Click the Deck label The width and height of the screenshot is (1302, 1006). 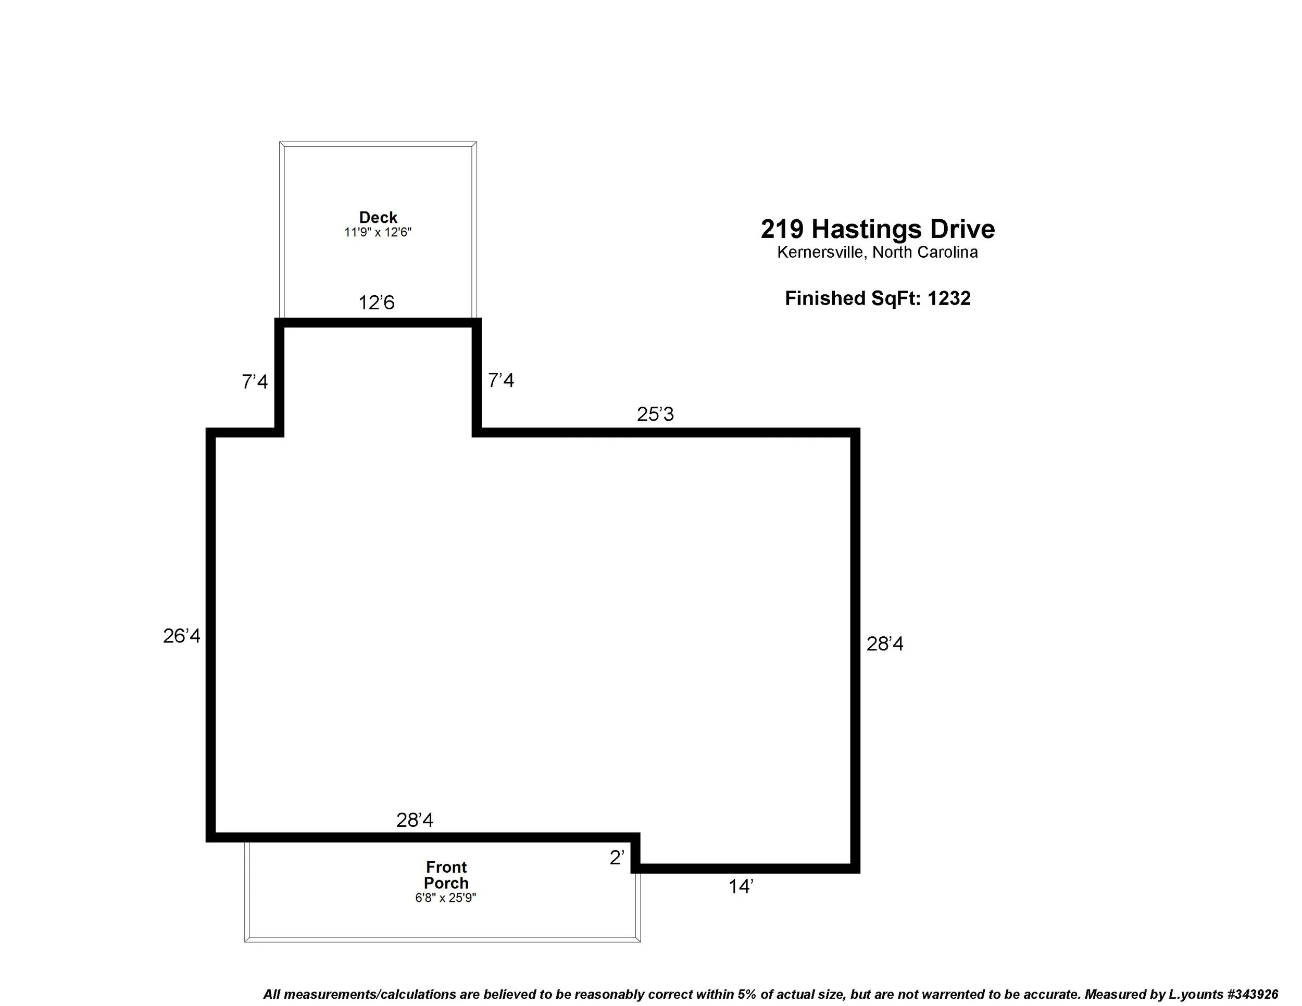(378, 218)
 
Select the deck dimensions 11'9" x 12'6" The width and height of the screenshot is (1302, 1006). (378, 232)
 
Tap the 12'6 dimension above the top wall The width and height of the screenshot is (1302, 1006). (376, 303)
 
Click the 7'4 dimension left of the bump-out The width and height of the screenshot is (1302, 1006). (255, 382)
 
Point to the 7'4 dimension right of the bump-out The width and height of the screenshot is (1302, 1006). (501, 380)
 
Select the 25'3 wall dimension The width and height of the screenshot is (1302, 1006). (655, 413)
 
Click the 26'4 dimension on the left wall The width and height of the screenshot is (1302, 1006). (182, 636)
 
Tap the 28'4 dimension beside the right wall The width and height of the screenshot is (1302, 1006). (885, 644)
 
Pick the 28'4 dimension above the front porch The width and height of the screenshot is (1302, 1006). (415, 820)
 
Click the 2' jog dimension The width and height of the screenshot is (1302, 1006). (617, 858)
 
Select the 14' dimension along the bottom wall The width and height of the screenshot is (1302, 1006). (741, 887)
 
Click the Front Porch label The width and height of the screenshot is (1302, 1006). (446, 875)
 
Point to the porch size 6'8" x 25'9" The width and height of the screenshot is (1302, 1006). (446, 898)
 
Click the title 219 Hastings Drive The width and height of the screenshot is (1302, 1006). (878, 229)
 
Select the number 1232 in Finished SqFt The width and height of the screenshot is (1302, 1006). (948, 298)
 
